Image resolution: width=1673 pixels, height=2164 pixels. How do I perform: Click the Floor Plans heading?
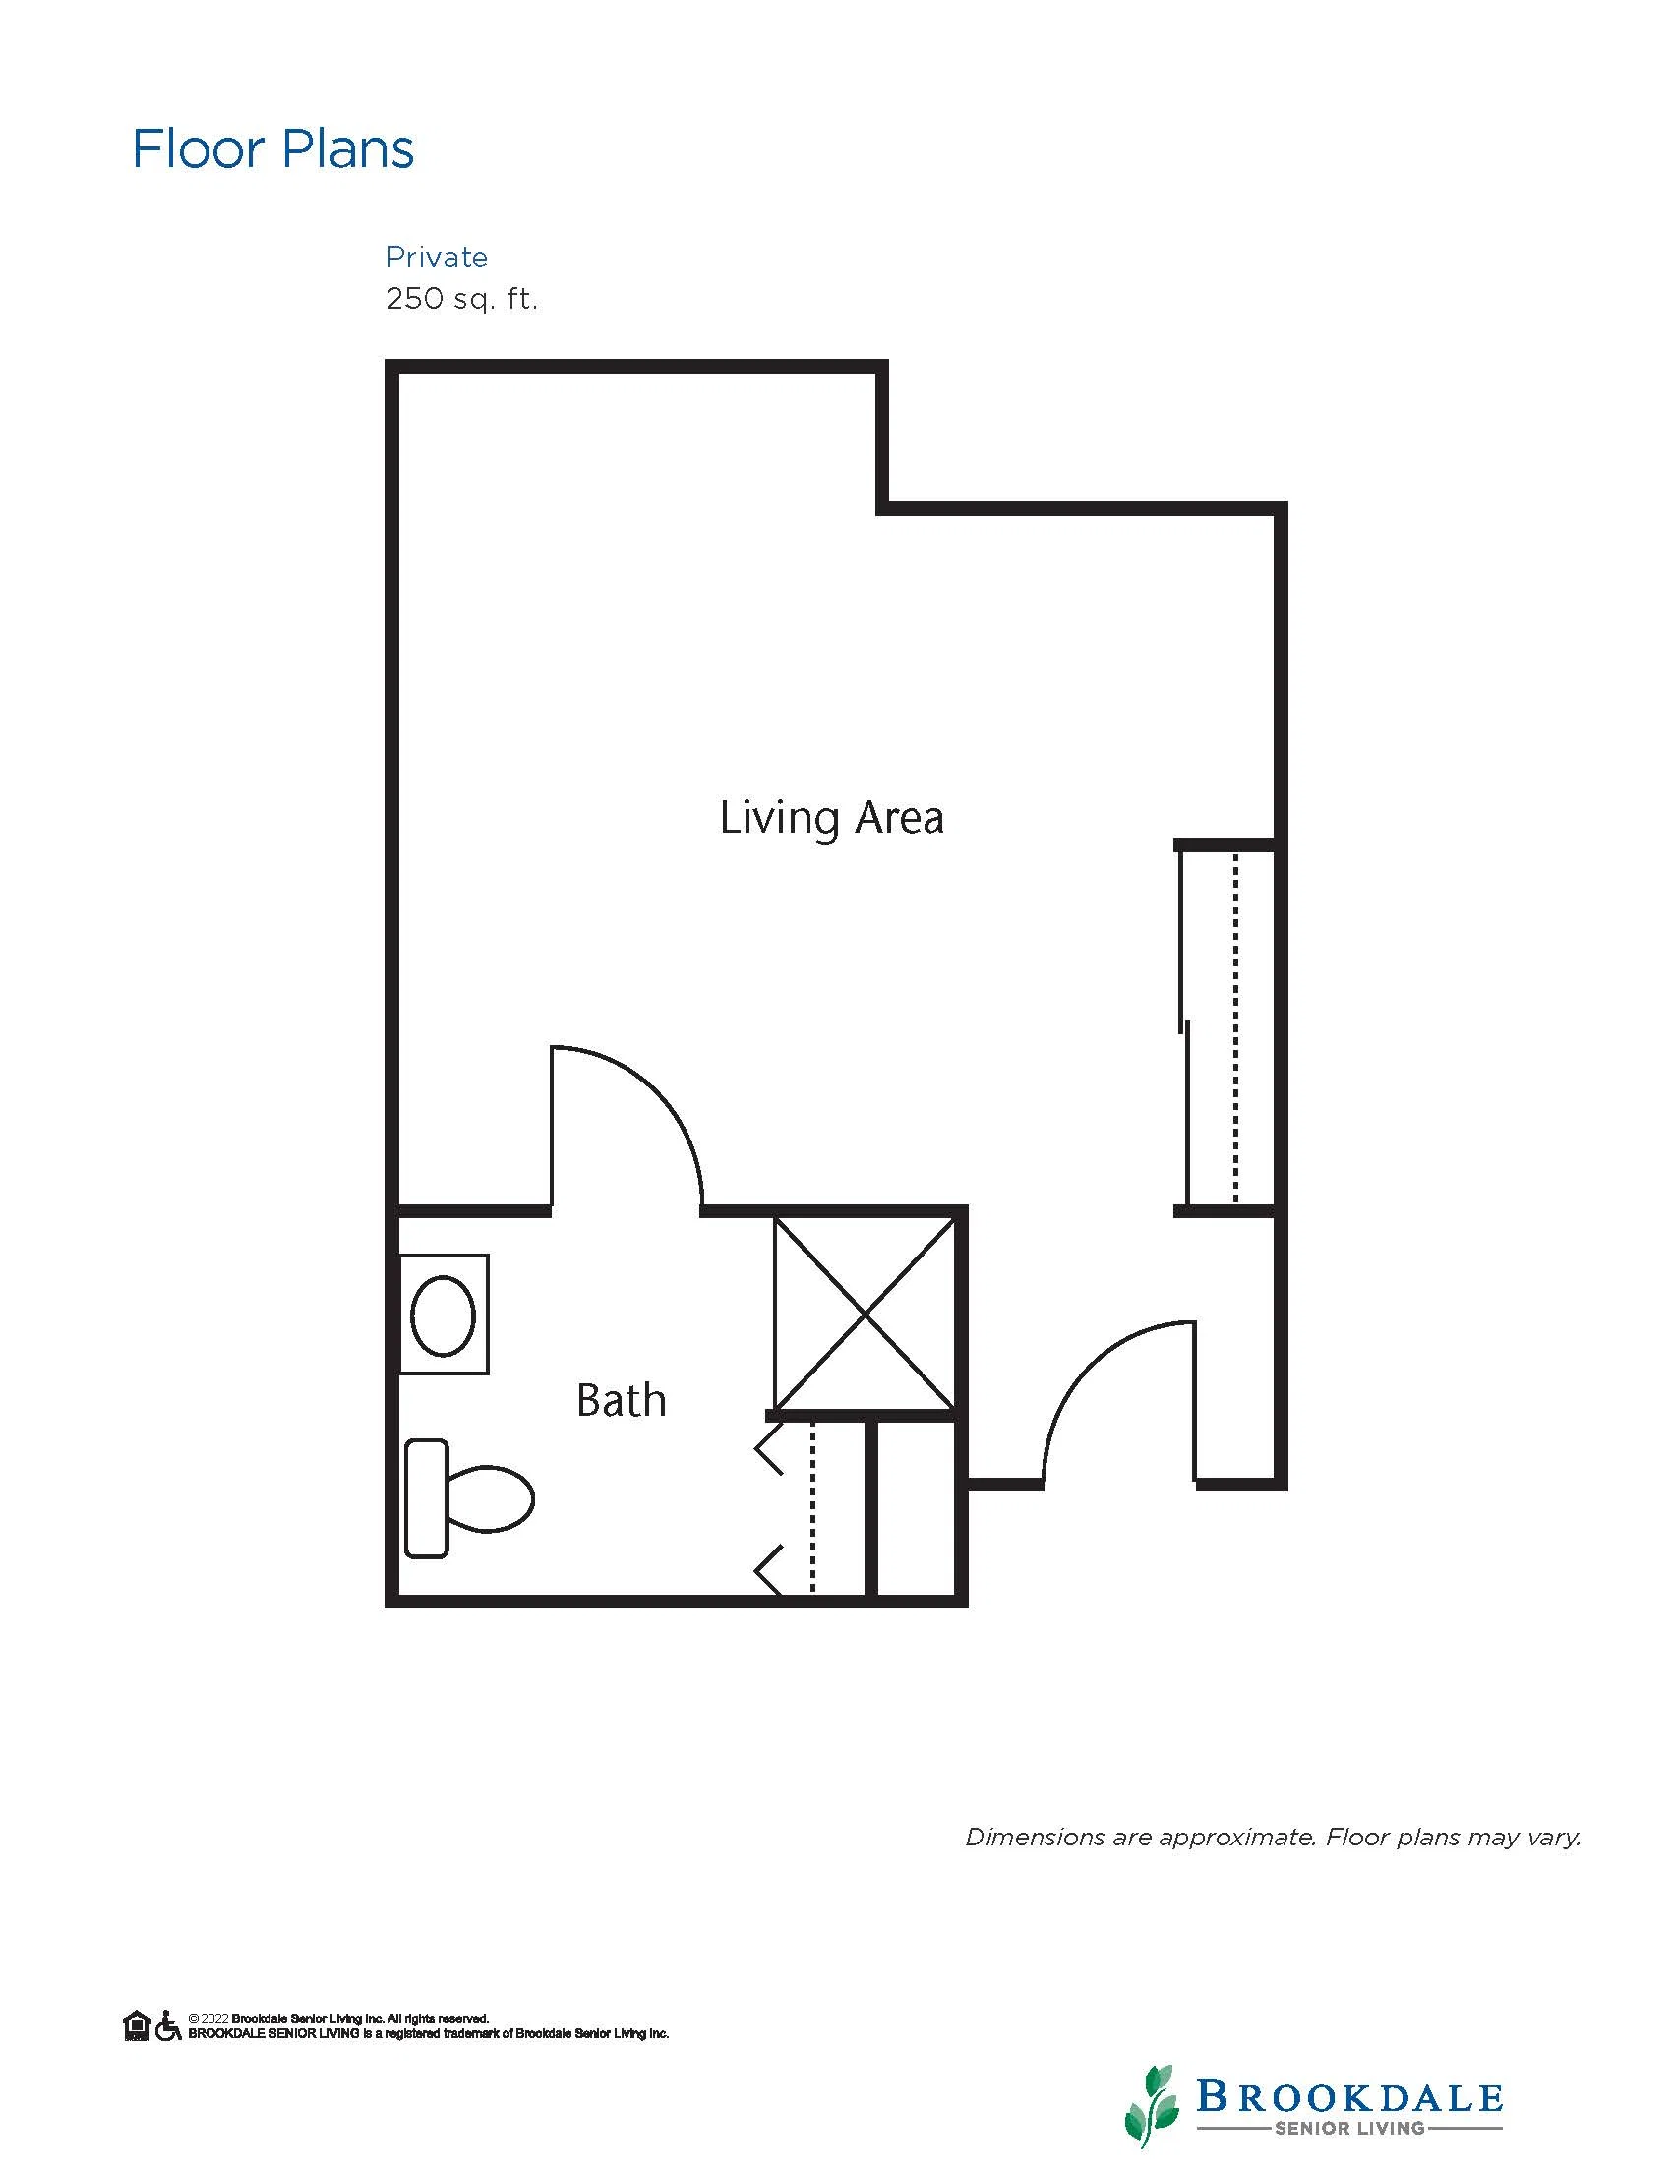point(272,149)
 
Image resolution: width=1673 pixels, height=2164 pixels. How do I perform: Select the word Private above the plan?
point(437,258)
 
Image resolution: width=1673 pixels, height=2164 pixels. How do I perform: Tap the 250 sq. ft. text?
point(462,298)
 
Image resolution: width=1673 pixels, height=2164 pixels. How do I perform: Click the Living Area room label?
point(831,818)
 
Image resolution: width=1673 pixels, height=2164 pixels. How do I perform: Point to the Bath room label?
point(622,1400)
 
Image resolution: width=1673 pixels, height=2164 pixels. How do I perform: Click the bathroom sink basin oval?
point(443,1316)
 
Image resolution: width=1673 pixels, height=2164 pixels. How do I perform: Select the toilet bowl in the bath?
point(490,1498)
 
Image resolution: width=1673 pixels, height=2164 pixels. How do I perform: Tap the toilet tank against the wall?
point(427,1498)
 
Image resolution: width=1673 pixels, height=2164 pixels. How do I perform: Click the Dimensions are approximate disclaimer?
point(1274,1838)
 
